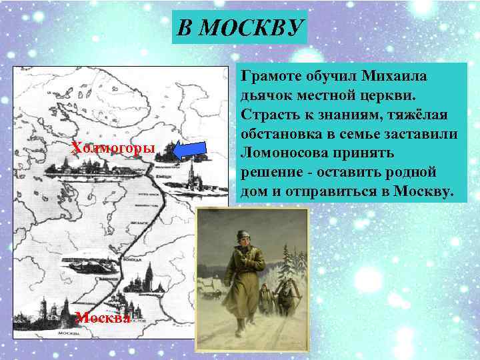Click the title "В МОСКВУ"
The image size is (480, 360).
[x=239, y=28]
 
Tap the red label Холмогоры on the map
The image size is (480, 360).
[x=113, y=147]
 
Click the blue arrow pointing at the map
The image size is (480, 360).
[x=193, y=151]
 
